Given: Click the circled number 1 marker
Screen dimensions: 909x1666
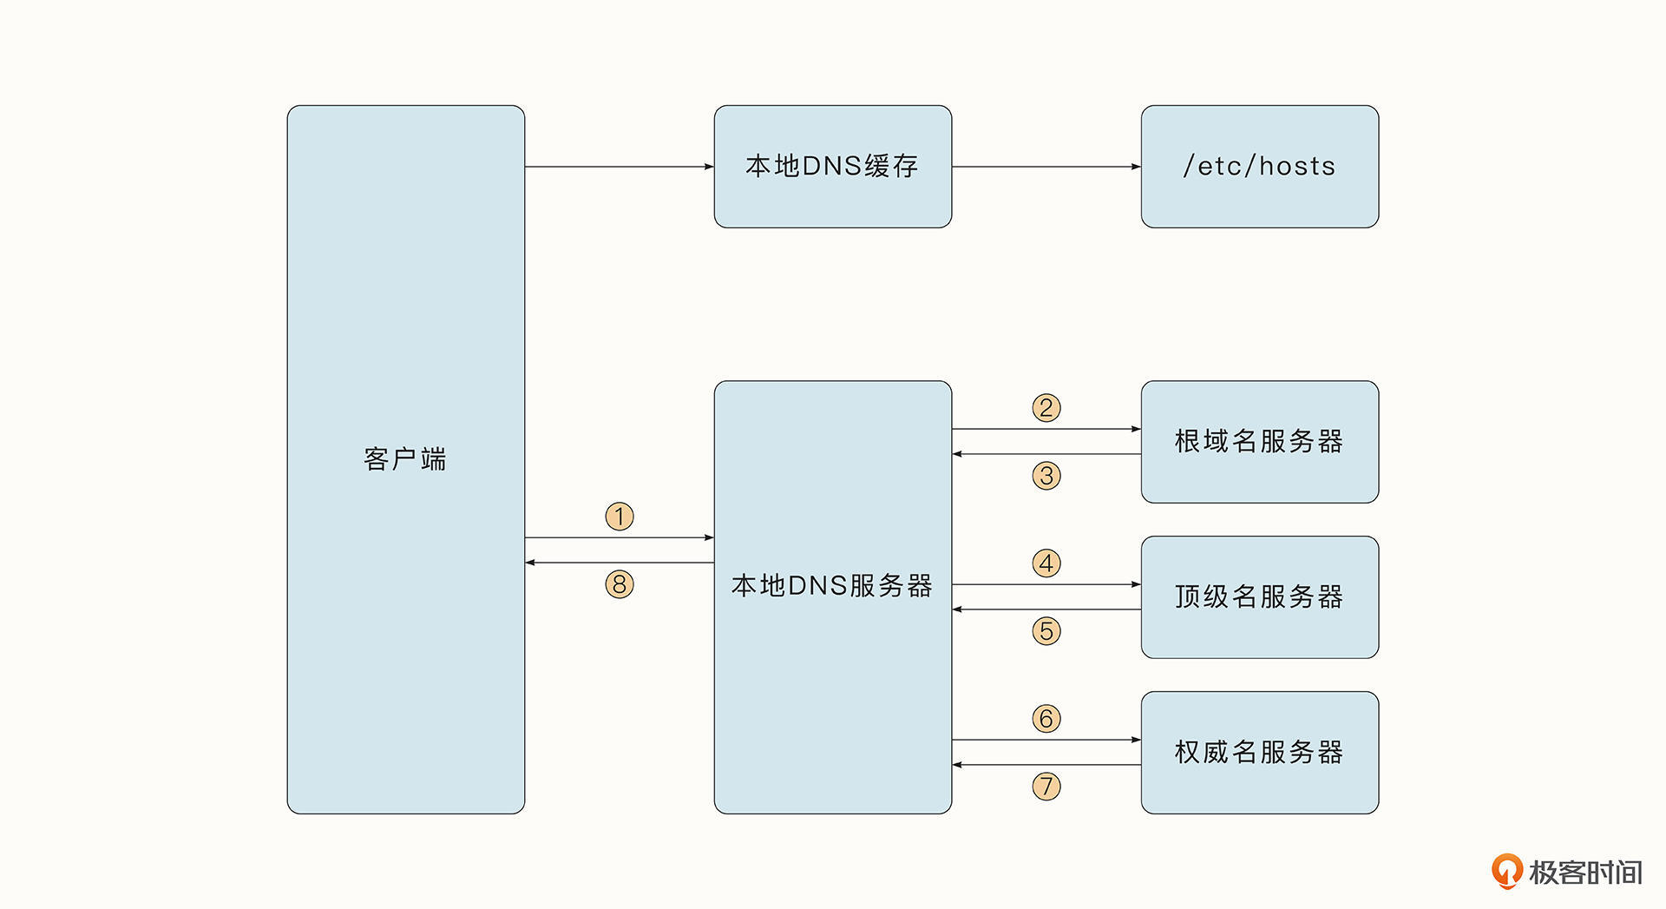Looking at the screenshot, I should coord(620,517).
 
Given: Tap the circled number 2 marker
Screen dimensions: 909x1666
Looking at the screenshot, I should coord(1046,408).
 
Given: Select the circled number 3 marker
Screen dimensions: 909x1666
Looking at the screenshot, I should coord(1046,476).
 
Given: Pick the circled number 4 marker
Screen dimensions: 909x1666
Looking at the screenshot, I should coord(1046,563).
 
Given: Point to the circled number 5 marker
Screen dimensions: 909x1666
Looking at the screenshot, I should coord(1046,631).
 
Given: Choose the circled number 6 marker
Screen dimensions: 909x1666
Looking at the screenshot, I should coord(1046,719).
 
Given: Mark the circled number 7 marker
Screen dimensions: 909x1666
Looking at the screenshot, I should coord(1046,787).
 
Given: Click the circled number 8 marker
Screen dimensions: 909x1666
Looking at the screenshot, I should coord(620,584).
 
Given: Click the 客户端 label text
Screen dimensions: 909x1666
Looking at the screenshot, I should coord(405,459).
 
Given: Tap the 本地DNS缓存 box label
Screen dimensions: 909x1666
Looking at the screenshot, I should coord(832,166).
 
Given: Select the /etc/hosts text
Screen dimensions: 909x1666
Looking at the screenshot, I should coord(1259,166).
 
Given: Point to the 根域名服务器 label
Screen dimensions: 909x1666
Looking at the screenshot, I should coord(1259,441).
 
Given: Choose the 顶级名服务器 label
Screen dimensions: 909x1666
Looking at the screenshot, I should coord(1259,596).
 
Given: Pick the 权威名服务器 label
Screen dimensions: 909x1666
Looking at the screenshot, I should coord(1259,752).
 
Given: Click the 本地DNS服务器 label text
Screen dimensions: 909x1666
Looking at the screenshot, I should coord(832,586).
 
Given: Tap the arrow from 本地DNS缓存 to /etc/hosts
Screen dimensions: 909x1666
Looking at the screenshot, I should coord(1046,167).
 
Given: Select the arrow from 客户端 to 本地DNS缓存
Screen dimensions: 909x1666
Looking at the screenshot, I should coord(620,167).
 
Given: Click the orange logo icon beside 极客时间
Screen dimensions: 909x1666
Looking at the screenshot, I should coord(1506,872).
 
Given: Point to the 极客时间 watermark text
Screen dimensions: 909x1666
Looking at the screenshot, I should coord(1585,873).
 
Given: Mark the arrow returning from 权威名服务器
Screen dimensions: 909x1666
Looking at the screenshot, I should coord(1046,765).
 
